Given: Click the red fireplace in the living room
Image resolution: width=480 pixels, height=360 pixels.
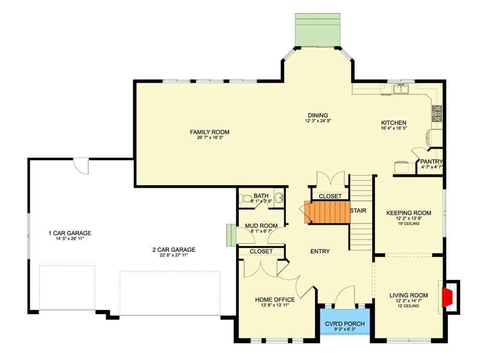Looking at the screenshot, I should click(448, 297).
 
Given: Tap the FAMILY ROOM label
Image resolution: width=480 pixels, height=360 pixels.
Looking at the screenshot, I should click(209, 132).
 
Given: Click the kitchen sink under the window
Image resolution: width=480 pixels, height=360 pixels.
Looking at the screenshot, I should click(401, 89).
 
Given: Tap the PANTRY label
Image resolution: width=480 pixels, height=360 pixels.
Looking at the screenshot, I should click(431, 162).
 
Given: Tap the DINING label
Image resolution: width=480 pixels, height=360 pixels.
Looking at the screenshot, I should click(317, 115).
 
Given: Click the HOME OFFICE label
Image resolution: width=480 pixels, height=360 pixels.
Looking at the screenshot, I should click(275, 300).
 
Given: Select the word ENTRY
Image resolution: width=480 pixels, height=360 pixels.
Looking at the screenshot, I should click(320, 251).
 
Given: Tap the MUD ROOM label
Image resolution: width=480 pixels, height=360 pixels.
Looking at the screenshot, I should click(261, 226).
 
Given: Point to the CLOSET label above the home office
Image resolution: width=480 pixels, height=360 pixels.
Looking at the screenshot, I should click(261, 251).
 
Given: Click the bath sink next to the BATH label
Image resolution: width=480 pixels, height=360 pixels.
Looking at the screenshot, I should click(279, 198).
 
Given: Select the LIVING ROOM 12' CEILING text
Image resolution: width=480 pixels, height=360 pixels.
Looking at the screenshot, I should click(409, 306).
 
